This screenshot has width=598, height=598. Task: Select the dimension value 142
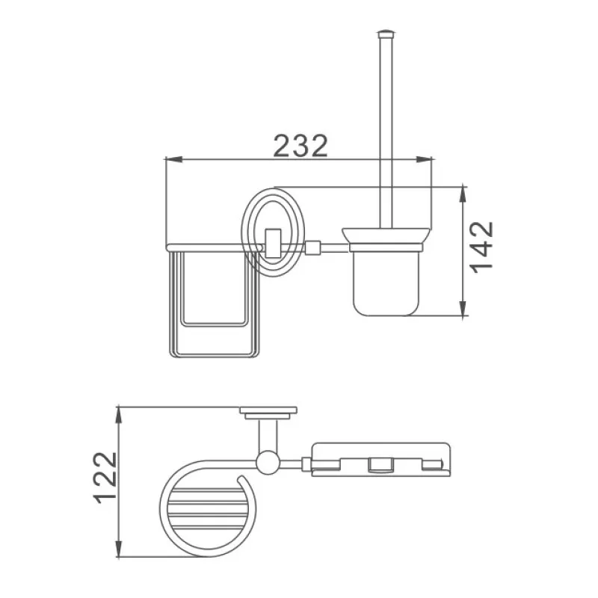pyautogui.click(x=482, y=245)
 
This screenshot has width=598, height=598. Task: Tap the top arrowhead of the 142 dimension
pyautogui.click(x=463, y=192)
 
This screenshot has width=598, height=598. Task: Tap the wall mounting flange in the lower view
pyautogui.click(x=268, y=410)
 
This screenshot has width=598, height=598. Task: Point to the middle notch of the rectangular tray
pyautogui.click(x=379, y=466)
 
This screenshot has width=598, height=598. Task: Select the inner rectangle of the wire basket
pyautogui.click(x=215, y=292)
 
